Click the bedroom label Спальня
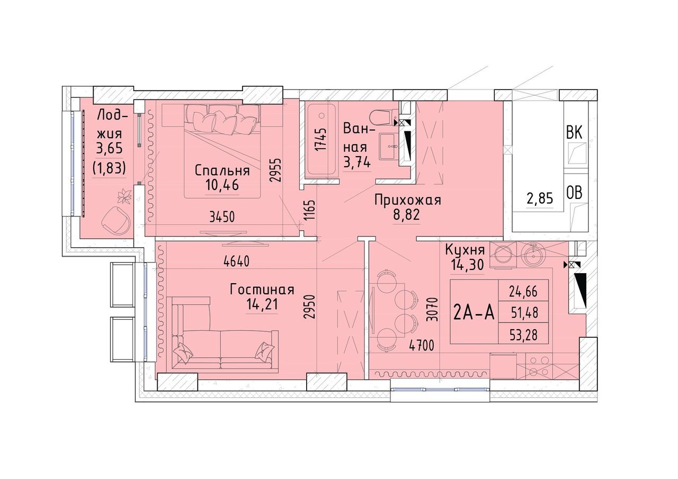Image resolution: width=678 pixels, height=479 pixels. point(222,171)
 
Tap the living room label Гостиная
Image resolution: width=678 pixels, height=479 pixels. point(262,290)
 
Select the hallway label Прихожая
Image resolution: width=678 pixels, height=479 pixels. point(408,200)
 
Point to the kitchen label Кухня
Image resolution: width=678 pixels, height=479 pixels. point(465,250)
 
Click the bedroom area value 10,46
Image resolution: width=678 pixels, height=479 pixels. point(222,185)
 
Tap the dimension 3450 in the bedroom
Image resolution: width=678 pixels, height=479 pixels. point(222,217)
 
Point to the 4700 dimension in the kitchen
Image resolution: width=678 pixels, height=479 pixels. point(422,345)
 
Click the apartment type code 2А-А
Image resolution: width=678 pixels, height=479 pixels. point(474,313)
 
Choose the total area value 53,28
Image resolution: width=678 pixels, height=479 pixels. point(524,336)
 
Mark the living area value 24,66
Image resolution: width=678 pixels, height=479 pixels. point(523,292)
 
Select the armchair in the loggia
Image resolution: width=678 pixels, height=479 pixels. point(117,220)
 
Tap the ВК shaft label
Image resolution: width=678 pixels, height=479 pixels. point(574,133)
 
